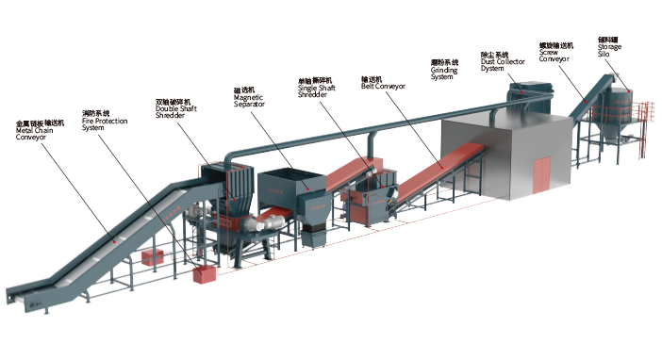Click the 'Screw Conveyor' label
click(556, 52)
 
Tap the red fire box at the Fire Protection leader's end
click(201, 275)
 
